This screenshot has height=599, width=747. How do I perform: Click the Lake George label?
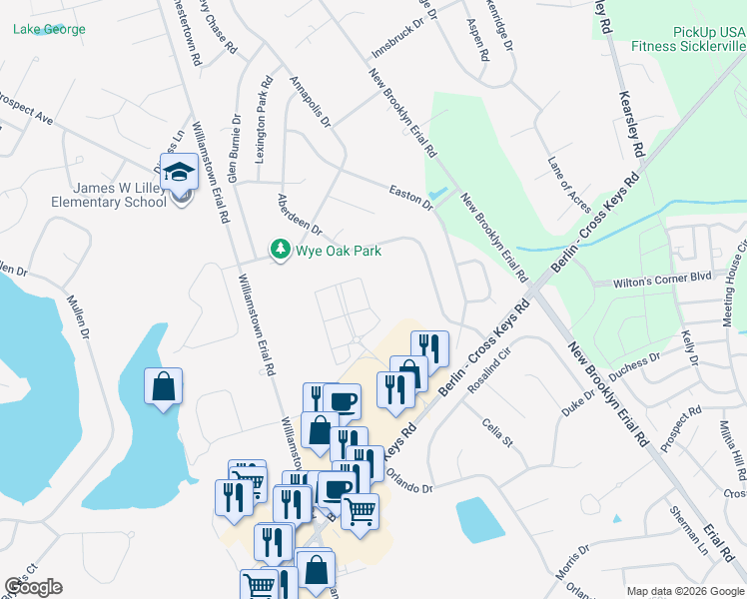49,29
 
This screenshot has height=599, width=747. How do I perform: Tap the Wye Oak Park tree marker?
281,250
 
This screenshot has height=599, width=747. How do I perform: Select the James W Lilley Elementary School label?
109,195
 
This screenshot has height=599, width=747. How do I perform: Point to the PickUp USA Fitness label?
688,39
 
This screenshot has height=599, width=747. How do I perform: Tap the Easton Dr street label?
410,195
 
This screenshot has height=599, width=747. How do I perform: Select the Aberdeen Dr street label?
300,215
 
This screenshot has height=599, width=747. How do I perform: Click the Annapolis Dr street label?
310,101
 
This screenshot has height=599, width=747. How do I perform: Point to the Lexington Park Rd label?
264,120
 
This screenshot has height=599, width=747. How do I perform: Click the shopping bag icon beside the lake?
164,386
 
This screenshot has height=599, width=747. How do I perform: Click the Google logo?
34,587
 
